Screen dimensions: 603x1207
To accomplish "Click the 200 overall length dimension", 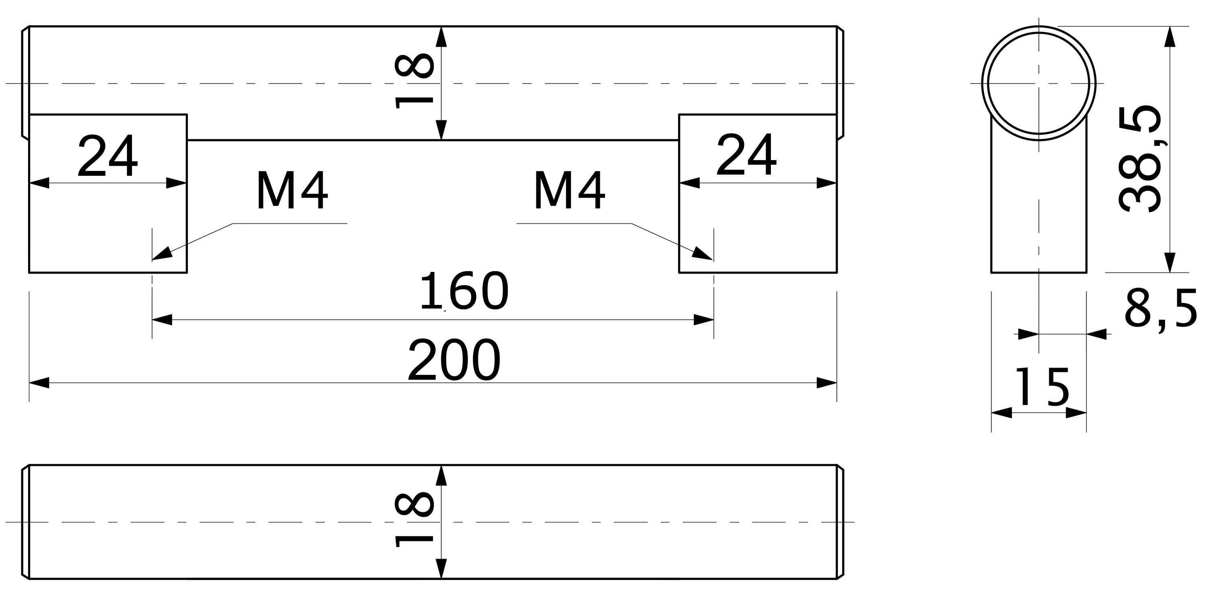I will [x=453, y=360].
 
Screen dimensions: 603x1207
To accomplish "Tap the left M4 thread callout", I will [x=292, y=191].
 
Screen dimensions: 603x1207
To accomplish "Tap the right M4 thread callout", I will [x=569, y=191].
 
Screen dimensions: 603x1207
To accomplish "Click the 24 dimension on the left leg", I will [x=108, y=156].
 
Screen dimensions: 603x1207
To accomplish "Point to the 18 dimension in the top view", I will [x=414, y=80].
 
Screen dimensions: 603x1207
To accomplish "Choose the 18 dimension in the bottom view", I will [x=414, y=520].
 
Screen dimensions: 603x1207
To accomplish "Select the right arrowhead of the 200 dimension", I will [x=828, y=383].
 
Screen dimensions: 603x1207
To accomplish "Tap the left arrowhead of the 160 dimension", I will [x=162, y=320].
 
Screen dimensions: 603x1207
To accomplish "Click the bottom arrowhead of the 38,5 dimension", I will [x=1170, y=262].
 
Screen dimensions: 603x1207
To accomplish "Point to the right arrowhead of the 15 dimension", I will [x=1076, y=413].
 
